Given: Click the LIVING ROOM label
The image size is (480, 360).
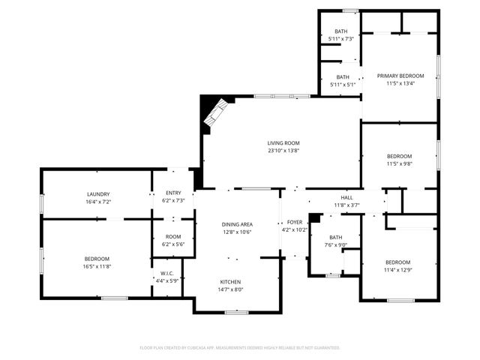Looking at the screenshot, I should tap(283, 143).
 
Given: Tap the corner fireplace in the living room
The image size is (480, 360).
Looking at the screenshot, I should tap(213, 115).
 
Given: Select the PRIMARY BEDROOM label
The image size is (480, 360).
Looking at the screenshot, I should tap(400, 76).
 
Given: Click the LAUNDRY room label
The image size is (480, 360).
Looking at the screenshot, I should tap(98, 194).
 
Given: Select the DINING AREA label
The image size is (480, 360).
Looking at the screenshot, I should tap(236, 224).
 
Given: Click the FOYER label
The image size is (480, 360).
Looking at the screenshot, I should tap(295, 222).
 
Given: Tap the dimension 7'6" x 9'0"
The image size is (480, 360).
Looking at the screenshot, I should tap(335, 244).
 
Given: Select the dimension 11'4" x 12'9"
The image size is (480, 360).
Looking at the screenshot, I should tap(397, 270).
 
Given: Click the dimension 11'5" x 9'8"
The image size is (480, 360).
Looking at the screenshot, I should tap(399, 163).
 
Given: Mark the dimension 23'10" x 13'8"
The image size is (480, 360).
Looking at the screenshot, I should tap(283, 151).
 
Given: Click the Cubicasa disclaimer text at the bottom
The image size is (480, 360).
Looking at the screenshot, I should tap(240, 348).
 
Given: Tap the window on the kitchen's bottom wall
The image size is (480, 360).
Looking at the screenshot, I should tap(236, 311).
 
